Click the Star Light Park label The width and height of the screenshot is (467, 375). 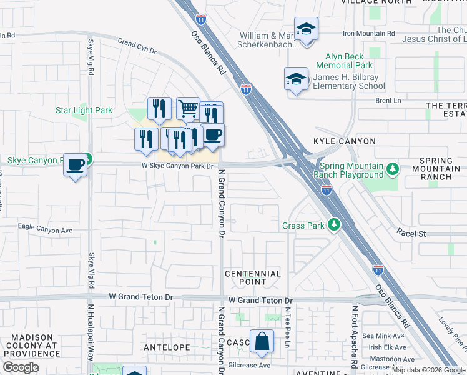coord(84,111)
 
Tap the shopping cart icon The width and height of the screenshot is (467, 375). coord(188,108)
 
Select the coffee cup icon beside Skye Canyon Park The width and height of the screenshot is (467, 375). coord(76,165)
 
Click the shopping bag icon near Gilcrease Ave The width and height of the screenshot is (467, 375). coord(262,341)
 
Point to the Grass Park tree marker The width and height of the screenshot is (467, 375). coord(335,224)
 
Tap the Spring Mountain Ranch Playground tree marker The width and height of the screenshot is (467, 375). coord(392,168)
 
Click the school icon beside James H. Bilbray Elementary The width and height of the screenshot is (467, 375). coord(296,79)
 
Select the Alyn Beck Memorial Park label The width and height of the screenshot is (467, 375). coord(344,60)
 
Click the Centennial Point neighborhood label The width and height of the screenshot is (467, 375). coord(253,277)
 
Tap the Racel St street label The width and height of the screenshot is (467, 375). coord(411,233)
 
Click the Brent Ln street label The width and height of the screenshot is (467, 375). coord(388,100)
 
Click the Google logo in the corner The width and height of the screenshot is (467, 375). coord(21,367)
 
